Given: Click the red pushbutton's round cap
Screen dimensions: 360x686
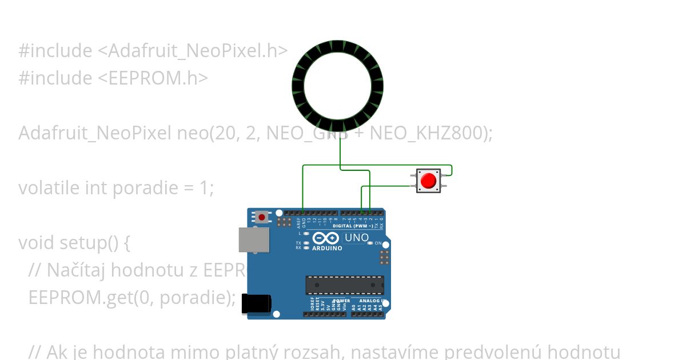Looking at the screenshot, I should [428, 181].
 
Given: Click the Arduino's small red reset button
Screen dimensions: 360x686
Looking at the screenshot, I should [262, 217].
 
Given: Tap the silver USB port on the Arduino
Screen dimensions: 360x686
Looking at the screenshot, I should [254, 239].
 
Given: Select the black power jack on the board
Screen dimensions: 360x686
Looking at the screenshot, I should [256, 303].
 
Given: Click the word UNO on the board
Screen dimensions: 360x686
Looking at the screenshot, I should [357, 238].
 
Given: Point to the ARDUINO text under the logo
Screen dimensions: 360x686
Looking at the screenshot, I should [327, 249].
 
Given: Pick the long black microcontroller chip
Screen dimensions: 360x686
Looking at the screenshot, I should [345, 285].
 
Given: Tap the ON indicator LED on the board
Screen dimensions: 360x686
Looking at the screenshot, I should [370, 243].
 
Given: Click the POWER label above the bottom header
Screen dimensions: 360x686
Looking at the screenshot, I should [341, 301].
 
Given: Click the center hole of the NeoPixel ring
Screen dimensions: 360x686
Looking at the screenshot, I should [337, 86].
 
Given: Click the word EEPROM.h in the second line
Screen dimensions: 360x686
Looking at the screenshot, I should [171, 78].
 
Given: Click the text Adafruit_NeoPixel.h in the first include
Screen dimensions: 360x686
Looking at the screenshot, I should [192, 51].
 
